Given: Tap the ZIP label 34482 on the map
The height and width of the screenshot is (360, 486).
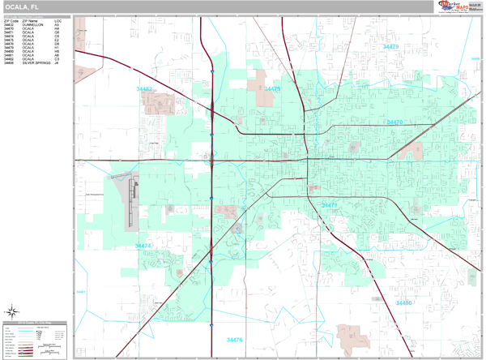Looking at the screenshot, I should tap(146, 88).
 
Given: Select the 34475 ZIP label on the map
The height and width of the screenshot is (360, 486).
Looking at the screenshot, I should tap(272, 88).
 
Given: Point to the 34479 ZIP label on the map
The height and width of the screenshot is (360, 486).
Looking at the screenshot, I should tap(391, 47).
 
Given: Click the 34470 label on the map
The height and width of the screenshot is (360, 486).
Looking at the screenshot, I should tap(395, 122).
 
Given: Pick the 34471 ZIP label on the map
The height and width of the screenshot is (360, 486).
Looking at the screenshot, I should tap(330, 205).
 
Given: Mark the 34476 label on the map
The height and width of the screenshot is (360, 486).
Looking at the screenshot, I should tap(235, 340).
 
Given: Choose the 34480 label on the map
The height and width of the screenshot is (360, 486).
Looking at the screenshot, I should tap(403, 302).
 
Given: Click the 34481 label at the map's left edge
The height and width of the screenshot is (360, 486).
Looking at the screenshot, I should tap(80, 292).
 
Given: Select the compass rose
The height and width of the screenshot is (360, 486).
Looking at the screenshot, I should tap(13, 311).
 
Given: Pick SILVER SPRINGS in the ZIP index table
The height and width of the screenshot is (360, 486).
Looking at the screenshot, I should tap(36, 62).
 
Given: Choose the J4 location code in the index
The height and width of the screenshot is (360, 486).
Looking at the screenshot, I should tap(57, 62).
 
